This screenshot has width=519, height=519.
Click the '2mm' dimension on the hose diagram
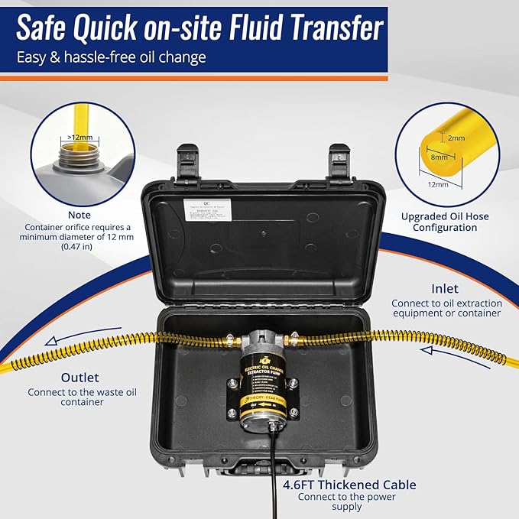pos(456,138)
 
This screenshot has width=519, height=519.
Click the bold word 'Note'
pos(78,215)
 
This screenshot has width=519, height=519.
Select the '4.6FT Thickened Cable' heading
pos(359,485)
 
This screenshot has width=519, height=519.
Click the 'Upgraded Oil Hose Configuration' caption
pos(445,222)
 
